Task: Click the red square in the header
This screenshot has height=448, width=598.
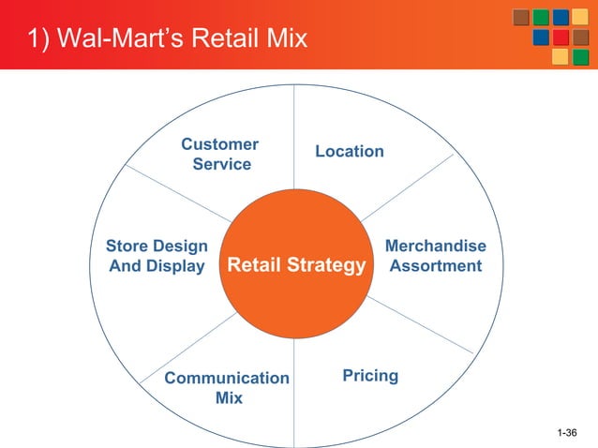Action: coord(561,37)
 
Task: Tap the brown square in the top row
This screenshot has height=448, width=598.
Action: coord(520,18)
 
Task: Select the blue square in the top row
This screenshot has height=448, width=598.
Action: coord(561,18)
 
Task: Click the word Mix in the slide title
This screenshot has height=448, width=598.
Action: coord(285,39)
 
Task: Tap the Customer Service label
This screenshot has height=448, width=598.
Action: coord(220,155)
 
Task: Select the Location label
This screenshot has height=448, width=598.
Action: coord(349,151)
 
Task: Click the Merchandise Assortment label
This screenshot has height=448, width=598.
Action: coord(436,256)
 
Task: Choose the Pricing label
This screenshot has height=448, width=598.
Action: coord(370,376)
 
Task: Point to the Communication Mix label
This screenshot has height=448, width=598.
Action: coord(227,388)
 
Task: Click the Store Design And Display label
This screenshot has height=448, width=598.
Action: coord(157,256)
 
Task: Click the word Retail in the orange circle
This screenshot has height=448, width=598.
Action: coord(251,267)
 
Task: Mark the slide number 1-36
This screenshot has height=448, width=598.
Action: coord(566,432)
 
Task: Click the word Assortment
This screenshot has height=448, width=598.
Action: coord(436,266)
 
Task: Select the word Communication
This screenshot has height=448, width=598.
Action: coord(227,378)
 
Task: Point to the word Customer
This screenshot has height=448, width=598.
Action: coord(220,144)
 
